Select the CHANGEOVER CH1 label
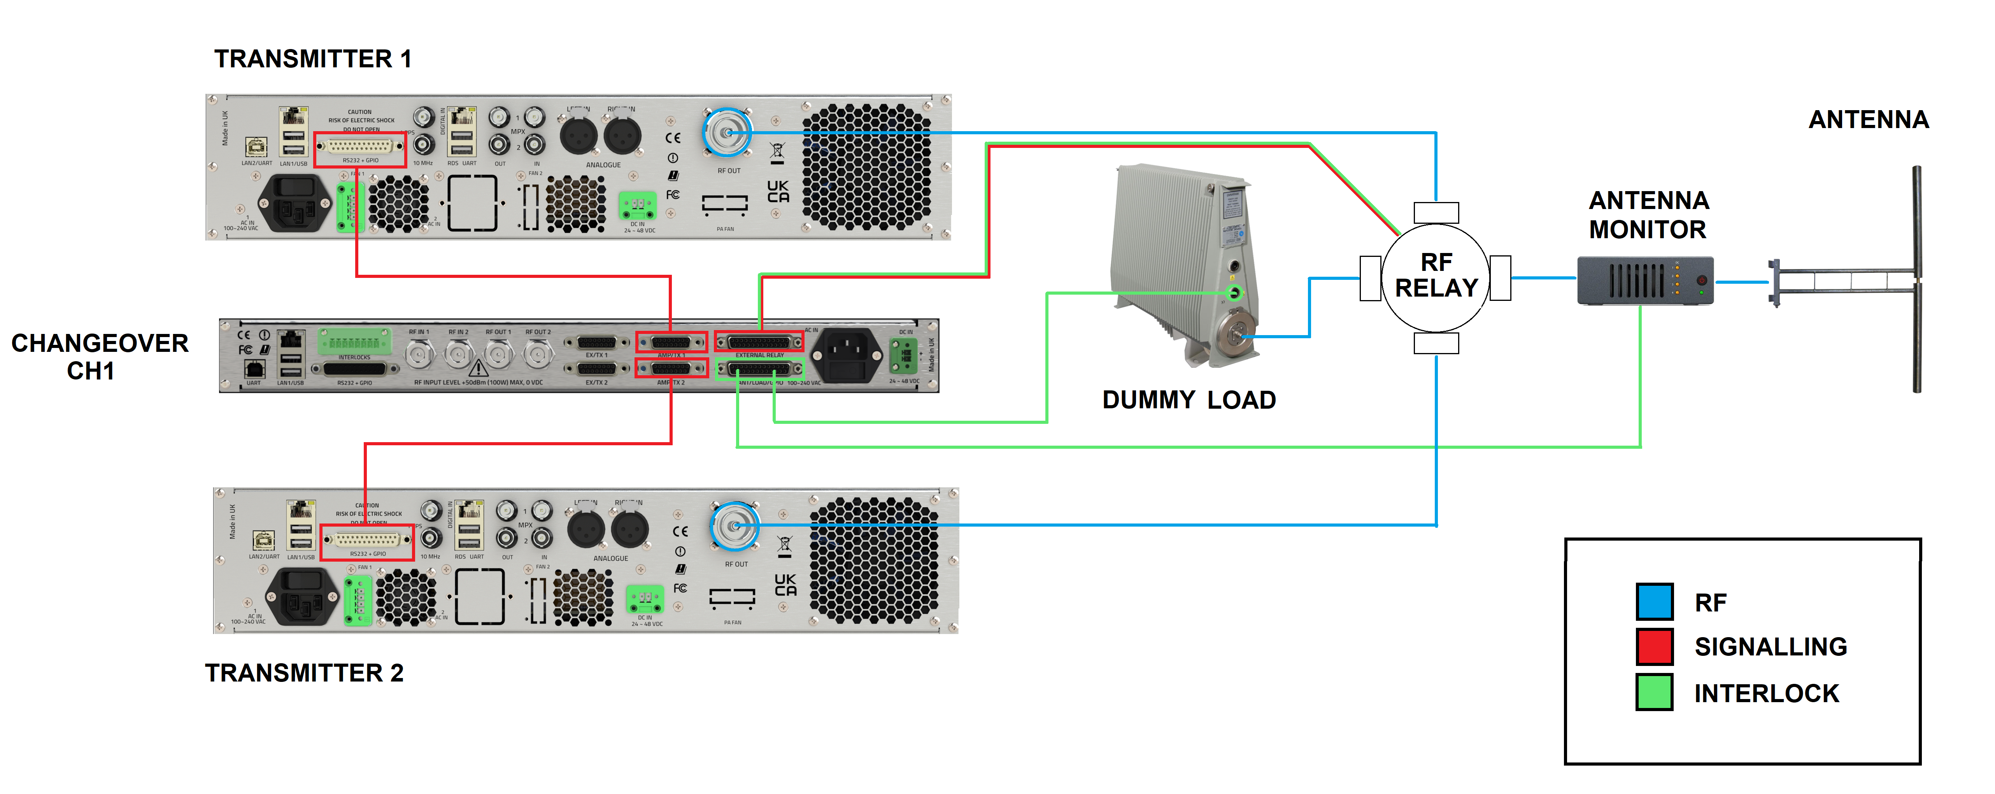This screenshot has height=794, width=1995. tap(99, 357)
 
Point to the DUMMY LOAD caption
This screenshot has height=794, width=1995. tap(1189, 400)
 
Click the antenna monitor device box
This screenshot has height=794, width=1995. tap(1645, 280)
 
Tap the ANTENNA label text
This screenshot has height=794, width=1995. tap(1868, 119)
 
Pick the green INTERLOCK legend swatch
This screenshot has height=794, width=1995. tap(1654, 692)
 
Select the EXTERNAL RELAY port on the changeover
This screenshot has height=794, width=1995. tap(759, 342)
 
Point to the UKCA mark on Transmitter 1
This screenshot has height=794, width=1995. tap(778, 191)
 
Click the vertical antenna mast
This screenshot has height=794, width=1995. tap(1917, 279)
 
